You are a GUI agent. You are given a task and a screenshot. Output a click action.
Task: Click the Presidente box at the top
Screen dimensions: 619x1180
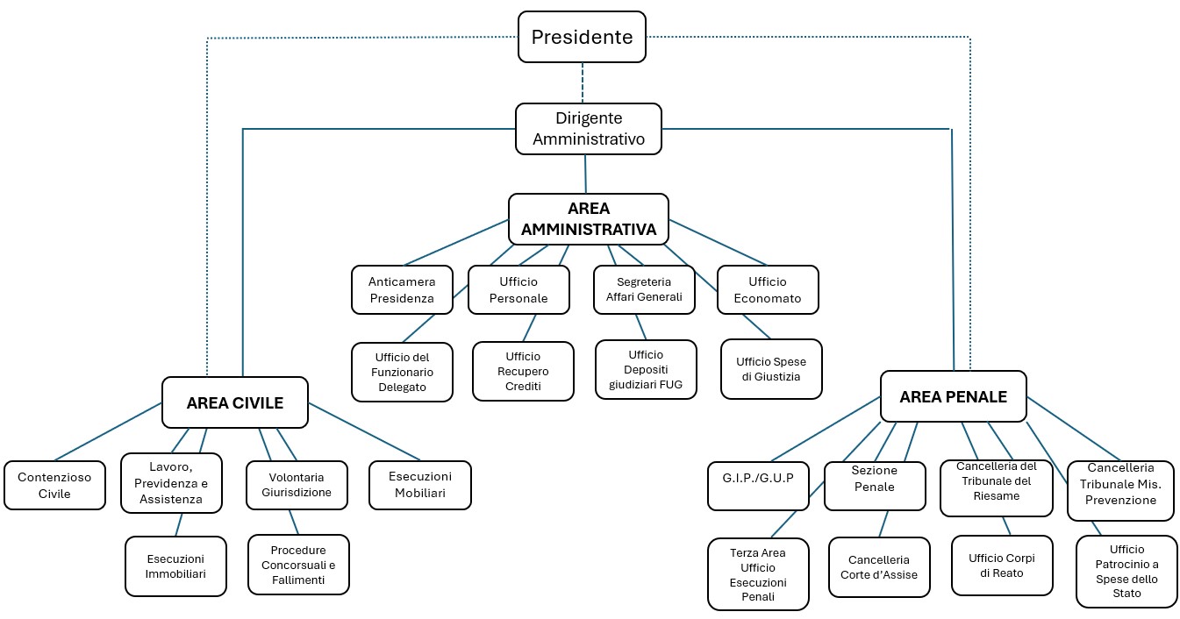pyautogui.click(x=582, y=37)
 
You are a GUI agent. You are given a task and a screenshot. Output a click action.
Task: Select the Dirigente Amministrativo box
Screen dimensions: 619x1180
pyautogui.click(x=588, y=129)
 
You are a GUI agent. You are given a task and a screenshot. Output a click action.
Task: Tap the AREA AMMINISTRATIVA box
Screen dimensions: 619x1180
pyautogui.click(x=588, y=219)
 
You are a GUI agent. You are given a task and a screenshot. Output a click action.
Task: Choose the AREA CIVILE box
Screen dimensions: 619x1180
pyautogui.click(x=235, y=402)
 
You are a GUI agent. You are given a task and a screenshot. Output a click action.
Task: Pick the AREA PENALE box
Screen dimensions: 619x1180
pyautogui.click(x=953, y=397)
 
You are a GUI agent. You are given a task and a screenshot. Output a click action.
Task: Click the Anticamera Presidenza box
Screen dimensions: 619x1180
pyautogui.click(x=402, y=290)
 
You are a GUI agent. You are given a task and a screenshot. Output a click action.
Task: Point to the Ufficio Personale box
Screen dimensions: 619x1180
pyautogui.click(x=518, y=290)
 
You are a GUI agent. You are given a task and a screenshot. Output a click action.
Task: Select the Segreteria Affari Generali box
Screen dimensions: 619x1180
pyautogui.click(x=644, y=290)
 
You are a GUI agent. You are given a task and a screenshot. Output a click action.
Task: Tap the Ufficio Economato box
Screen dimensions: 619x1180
pyautogui.click(x=768, y=290)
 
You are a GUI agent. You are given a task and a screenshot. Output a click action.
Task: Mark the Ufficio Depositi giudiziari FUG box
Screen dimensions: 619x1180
pyautogui.click(x=646, y=369)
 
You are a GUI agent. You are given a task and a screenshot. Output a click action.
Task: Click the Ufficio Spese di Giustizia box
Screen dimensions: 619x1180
pyautogui.click(x=771, y=369)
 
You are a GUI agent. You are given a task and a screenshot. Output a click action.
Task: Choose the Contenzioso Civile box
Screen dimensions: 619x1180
pyautogui.click(x=54, y=485)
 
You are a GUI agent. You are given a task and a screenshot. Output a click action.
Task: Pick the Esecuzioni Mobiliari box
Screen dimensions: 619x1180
pyautogui.click(x=420, y=485)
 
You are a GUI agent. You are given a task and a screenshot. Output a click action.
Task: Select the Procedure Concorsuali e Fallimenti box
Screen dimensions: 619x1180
pyautogui.click(x=298, y=566)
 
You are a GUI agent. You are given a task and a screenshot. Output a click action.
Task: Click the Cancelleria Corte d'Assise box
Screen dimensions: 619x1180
pyautogui.click(x=879, y=567)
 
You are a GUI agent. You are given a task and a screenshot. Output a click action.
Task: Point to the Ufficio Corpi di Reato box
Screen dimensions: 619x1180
pyautogui.click(x=1002, y=566)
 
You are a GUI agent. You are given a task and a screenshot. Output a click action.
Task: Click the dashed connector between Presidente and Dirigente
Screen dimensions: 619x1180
pyautogui.click(x=583, y=83)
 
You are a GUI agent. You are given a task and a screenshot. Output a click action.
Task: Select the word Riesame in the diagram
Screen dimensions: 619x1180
pyautogui.click(x=996, y=496)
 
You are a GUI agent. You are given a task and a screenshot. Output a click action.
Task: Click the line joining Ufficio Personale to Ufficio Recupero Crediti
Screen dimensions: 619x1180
pyautogui.click(x=528, y=328)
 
